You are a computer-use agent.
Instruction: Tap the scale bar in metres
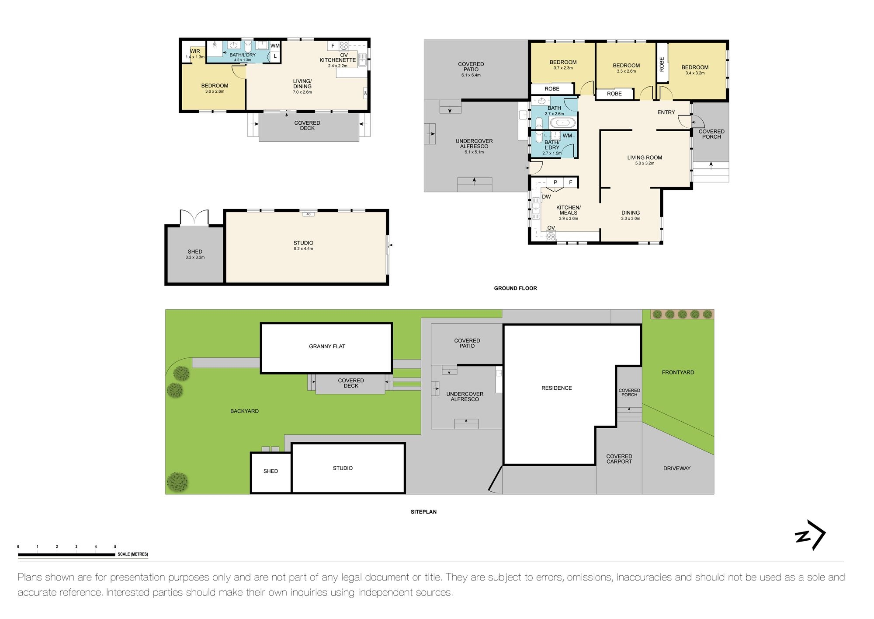(66, 555)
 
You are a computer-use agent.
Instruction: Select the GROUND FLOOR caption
(515, 288)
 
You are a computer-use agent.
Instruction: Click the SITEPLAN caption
(423, 512)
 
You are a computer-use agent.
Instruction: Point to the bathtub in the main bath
(562, 123)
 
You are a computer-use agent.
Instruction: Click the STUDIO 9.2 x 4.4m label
(303, 245)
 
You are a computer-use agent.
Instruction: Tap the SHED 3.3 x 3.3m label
(195, 254)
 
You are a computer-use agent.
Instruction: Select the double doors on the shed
(194, 217)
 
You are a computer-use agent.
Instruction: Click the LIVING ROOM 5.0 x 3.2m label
(645, 160)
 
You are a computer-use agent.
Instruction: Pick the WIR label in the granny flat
(195, 52)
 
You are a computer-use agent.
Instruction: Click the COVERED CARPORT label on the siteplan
(619, 459)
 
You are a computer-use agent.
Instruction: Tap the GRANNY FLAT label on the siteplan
(327, 346)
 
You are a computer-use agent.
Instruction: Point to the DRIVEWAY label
(676, 469)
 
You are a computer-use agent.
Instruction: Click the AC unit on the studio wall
(308, 214)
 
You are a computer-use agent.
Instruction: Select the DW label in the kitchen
(546, 197)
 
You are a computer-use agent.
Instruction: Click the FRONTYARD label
(678, 373)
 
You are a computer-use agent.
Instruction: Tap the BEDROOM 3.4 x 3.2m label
(695, 70)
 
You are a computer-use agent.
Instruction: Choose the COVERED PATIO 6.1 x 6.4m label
(471, 69)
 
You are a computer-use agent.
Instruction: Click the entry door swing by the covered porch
(685, 122)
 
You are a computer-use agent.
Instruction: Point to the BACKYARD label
(244, 411)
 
